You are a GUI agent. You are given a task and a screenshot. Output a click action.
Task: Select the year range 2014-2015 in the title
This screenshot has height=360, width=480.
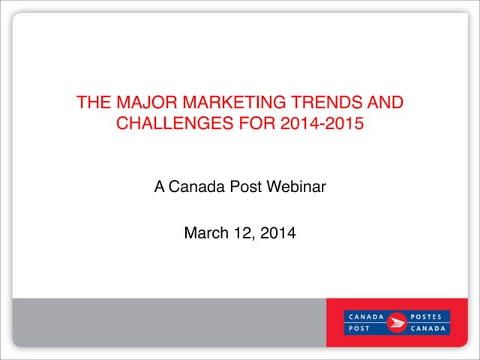[320, 123]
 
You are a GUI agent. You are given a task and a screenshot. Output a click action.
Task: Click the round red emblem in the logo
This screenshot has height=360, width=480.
[397, 322]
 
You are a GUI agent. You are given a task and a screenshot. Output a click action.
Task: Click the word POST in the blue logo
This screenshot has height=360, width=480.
[358, 329]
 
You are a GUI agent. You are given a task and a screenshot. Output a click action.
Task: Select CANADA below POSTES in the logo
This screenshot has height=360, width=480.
[429, 329]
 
